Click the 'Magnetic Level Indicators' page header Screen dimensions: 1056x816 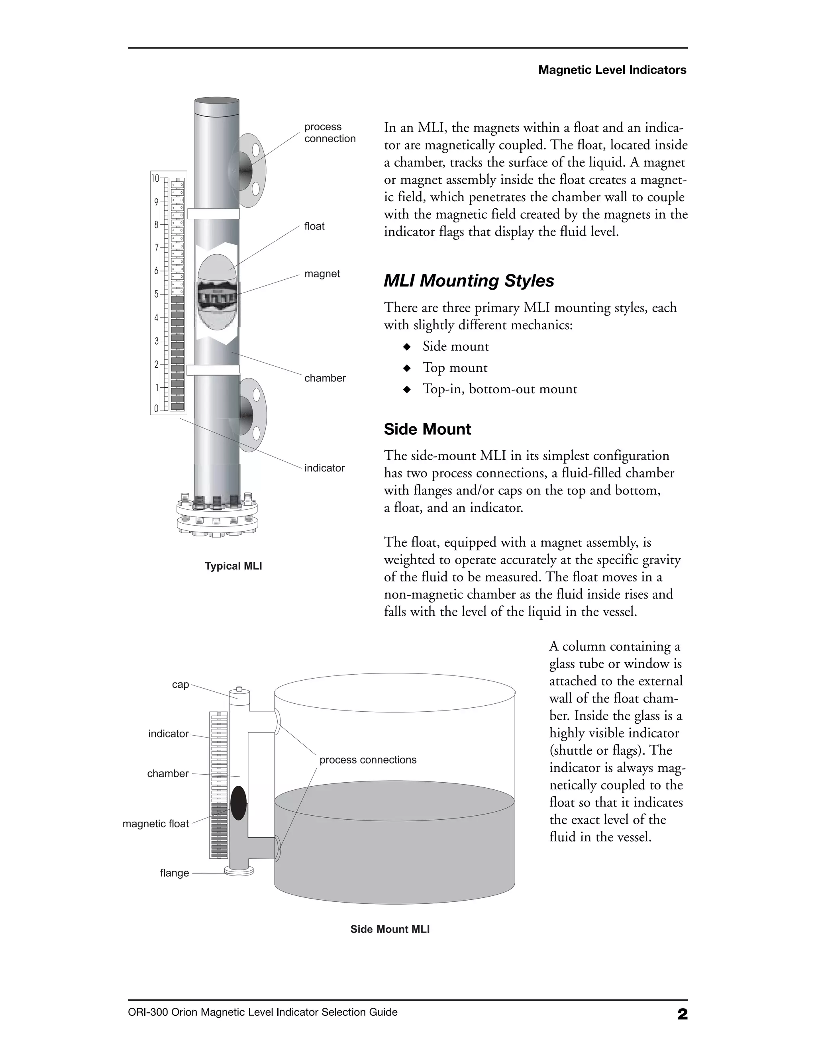coord(612,70)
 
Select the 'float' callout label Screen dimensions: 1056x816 coord(314,226)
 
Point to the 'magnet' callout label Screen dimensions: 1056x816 coord(322,274)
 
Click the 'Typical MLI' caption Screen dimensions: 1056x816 coord(233,566)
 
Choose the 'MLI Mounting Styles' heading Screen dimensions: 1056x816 coord(469,281)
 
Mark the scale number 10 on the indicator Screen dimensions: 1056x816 coord(155,179)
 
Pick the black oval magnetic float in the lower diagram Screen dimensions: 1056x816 coord(238,803)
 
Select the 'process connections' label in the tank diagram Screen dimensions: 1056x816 coord(367,760)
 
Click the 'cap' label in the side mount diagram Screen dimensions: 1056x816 coord(180,685)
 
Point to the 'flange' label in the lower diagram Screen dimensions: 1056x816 coord(175,873)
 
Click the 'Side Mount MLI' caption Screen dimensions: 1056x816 coord(390,929)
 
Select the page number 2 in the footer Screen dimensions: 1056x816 coord(682,1014)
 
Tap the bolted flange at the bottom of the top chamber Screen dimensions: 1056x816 coord(217,517)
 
